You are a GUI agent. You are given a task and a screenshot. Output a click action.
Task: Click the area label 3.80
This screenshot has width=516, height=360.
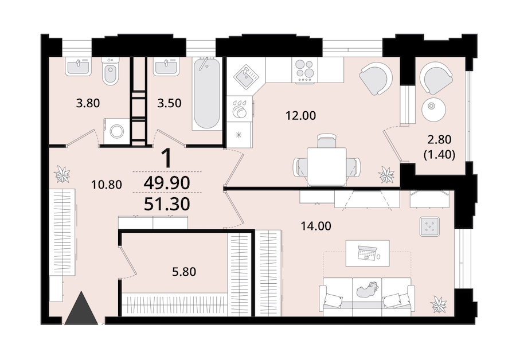click(88, 103)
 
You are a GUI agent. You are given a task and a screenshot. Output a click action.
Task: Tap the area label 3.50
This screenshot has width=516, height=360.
click(169, 103)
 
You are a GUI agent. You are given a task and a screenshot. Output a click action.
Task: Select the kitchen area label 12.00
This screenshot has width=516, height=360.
click(301, 115)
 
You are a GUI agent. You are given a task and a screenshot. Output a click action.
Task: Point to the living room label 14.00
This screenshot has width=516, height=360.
click(316, 226)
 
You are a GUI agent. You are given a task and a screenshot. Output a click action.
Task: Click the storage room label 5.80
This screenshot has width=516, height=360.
click(184, 272)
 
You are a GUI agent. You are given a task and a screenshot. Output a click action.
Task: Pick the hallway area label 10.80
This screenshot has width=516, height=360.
click(107, 185)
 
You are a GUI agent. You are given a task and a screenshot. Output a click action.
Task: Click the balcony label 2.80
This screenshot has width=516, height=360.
click(439, 140)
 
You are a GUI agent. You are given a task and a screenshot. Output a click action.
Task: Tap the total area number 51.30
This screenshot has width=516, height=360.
click(167, 204)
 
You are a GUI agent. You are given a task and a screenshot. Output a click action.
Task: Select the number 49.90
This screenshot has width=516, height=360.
click(167, 183)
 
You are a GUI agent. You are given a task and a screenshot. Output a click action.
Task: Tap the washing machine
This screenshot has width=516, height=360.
click(117, 131)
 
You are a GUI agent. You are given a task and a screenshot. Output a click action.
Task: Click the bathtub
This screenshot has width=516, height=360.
click(206, 94)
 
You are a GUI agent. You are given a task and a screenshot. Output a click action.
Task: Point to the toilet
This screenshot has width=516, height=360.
click(110, 71)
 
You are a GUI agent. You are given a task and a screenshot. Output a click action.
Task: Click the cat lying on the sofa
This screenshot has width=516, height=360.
click(368, 289)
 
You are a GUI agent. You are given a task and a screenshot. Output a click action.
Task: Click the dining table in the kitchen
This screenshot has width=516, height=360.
click(327, 167)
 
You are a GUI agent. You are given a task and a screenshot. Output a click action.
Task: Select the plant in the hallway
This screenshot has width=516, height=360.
click(62, 174)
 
